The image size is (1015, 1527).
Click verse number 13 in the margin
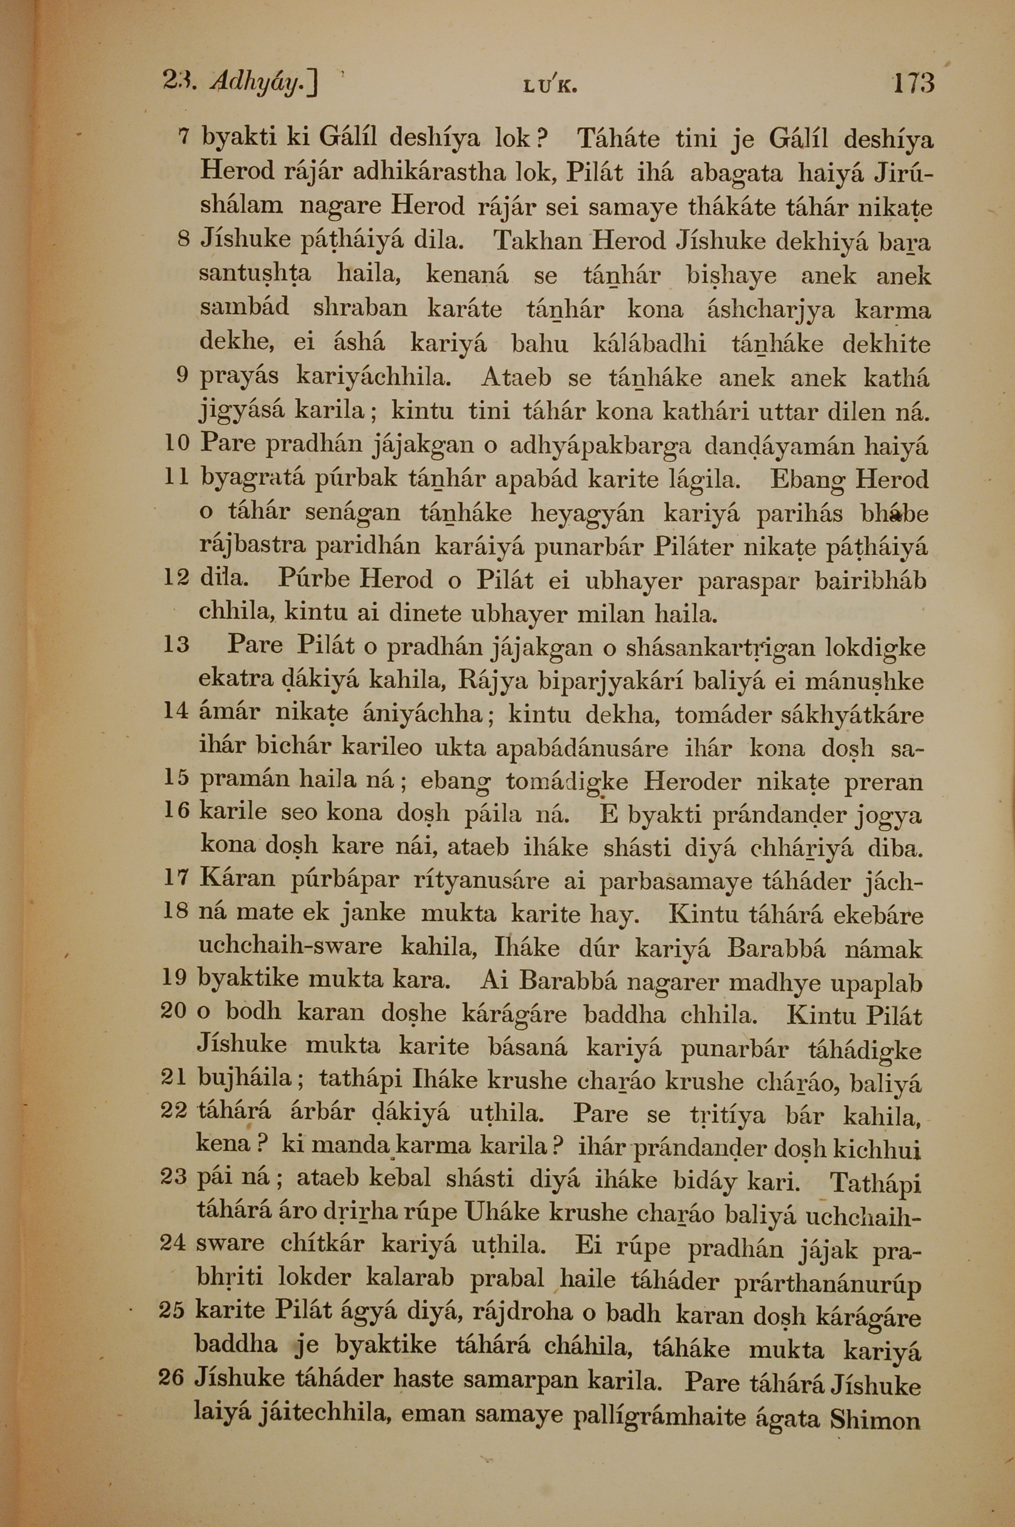click(176, 644)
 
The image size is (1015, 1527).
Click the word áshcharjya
click(770, 310)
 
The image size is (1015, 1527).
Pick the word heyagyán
click(587, 513)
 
